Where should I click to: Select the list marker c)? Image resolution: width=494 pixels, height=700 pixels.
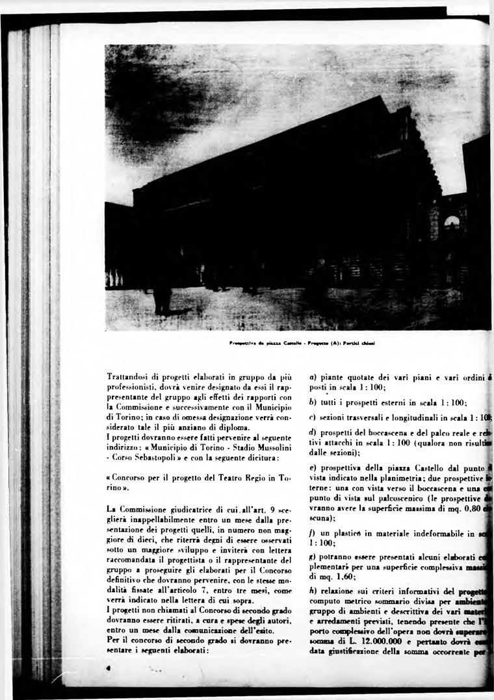313,417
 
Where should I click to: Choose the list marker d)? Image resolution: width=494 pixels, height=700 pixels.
313,432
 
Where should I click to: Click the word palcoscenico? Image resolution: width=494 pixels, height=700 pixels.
393,499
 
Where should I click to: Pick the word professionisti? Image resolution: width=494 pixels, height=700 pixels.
133,386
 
